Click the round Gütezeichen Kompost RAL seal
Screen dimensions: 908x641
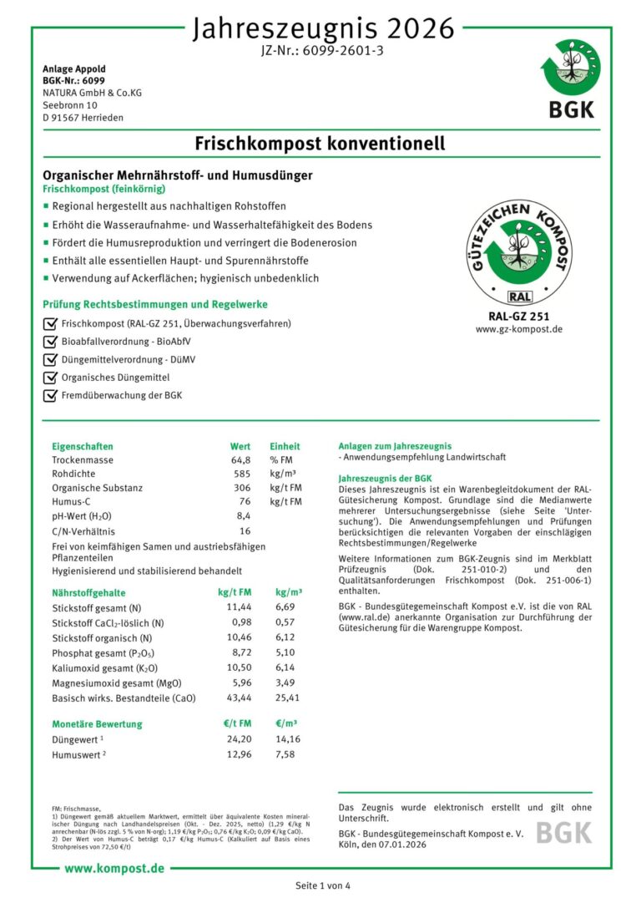click(519, 251)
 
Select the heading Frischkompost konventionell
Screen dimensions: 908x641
click(320, 144)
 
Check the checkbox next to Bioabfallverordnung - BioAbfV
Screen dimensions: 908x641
click(49, 342)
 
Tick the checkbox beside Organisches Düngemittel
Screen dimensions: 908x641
click(49, 378)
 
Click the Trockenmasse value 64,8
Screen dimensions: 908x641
click(240, 460)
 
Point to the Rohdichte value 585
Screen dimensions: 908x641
click(241, 474)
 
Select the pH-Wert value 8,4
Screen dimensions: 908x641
click(242, 515)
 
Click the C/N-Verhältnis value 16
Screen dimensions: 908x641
click(245, 530)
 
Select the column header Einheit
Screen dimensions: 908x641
click(285, 446)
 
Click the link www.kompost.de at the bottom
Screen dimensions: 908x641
click(114, 869)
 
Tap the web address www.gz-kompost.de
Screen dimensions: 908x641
click(519, 329)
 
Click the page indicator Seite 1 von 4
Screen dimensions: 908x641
click(323, 885)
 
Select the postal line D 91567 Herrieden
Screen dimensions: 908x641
click(83, 118)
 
